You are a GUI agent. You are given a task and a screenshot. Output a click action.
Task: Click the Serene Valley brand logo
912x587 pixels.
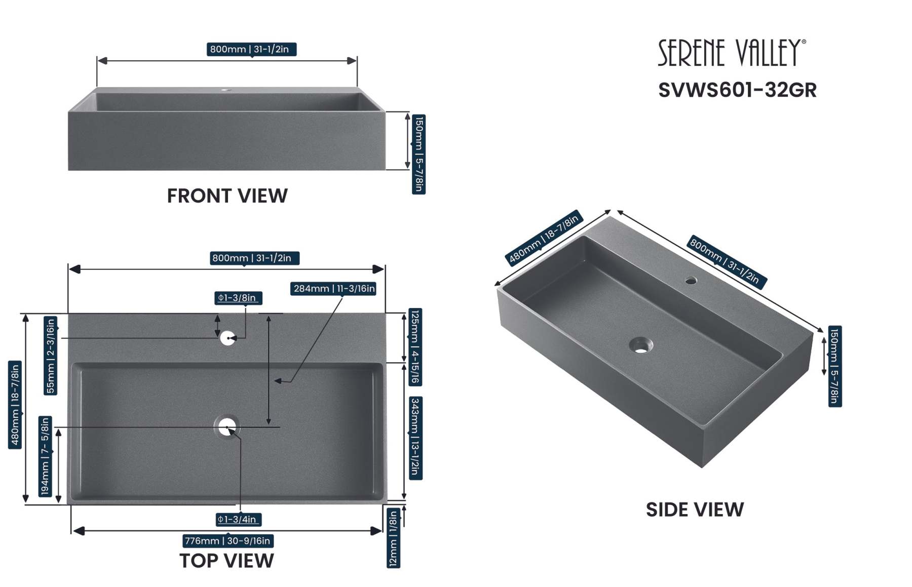point(731,53)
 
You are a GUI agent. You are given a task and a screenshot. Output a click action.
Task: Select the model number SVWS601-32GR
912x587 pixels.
point(737,90)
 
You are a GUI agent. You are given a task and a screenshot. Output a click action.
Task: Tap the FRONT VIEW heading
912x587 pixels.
point(227,196)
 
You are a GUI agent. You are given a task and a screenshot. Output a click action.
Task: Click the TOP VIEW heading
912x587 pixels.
point(226,561)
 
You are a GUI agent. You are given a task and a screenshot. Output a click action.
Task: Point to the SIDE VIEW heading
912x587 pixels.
point(695,510)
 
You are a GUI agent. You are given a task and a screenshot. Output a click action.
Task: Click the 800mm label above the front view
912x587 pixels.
point(251,49)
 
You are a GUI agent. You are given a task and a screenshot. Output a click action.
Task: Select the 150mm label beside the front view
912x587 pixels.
point(419,154)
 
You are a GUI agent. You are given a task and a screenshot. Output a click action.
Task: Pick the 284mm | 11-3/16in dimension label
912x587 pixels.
point(334,289)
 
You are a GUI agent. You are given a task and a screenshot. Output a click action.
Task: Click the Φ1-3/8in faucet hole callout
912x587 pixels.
point(238,298)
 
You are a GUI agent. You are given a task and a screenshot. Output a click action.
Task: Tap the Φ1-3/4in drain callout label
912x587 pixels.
point(239,519)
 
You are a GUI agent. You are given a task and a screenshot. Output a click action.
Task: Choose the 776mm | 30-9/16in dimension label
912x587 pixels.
point(228,541)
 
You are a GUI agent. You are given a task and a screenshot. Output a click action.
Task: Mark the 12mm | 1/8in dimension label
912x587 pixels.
point(393,538)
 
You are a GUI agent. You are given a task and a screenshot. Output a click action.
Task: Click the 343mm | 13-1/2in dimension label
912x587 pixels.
point(415,438)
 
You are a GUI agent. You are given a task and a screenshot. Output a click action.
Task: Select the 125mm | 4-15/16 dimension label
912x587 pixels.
point(415,347)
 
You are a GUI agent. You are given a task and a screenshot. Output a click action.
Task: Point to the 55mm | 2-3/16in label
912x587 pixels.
point(50,355)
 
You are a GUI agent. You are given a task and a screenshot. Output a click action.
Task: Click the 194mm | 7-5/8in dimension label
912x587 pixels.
point(45,456)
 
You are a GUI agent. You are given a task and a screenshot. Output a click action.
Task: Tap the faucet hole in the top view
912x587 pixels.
point(227,338)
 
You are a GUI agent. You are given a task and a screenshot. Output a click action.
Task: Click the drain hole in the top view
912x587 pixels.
point(227,427)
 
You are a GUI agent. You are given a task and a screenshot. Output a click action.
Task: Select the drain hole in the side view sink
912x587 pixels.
point(641,346)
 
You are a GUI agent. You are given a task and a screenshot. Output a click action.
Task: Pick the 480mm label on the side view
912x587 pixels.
point(544,238)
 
